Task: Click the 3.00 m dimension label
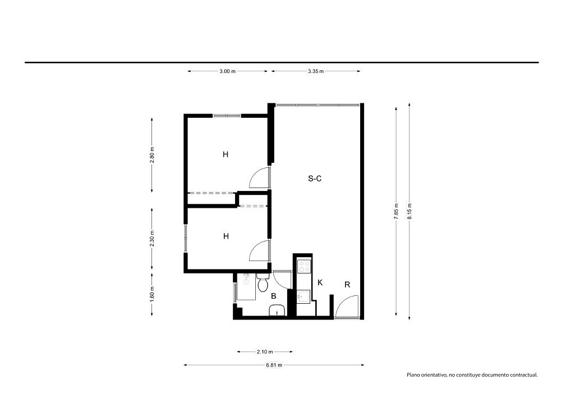pos(228,71)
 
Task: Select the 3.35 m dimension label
pos(315,71)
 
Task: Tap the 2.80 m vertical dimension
pos(152,155)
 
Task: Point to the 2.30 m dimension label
pos(152,239)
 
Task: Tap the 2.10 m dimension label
pos(265,352)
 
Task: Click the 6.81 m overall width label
pos(274,365)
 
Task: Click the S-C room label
pos(315,178)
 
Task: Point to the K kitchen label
pos(320,282)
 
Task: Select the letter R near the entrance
pos(347,285)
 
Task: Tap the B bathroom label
pos(274,296)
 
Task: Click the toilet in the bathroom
pos(263,282)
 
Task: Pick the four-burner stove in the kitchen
pos(305,266)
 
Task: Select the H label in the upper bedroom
pos(226,154)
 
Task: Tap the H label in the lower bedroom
pos(226,236)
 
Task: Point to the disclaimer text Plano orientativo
pos(472,375)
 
